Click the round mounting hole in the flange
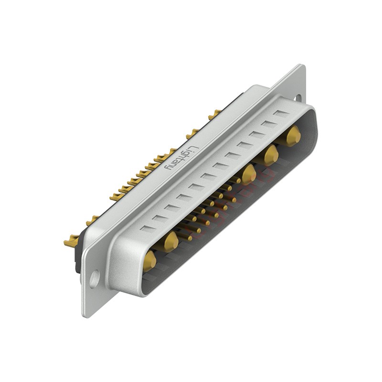[x=94, y=277]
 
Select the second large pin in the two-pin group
[x=170, y=241]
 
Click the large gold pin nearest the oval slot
[x=292, y=136]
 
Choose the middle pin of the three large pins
[x=271, y=155]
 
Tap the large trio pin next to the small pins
[x=248, y=174]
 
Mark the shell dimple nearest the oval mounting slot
[x=283, y=114]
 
